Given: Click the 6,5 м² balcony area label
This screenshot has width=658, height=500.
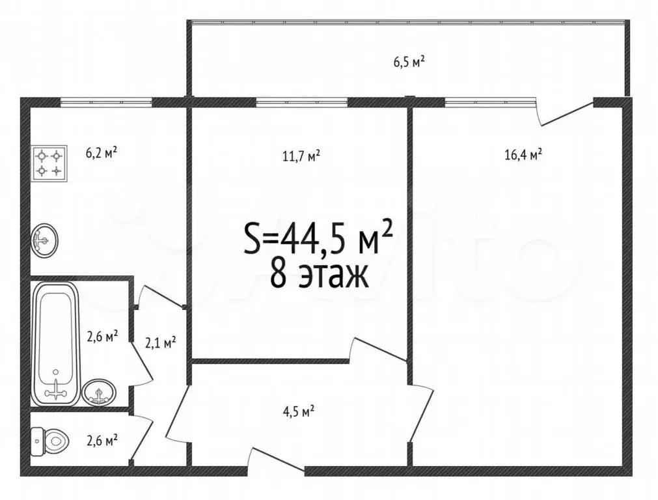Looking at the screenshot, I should tap(409, 62).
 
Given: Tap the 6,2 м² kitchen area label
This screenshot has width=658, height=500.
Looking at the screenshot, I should tap(102, 153).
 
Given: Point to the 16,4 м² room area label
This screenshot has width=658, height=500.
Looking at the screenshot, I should tap(523, 155).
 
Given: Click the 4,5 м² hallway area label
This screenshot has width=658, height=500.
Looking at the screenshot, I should tap(299, 411).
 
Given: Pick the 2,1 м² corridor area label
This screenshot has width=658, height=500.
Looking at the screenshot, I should tap(159, 342).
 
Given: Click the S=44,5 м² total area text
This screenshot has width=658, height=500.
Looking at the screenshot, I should tap(318, 238).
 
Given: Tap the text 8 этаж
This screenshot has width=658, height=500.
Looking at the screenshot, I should tap(319, 275).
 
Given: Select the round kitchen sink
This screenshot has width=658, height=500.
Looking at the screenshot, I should tap(44, 240).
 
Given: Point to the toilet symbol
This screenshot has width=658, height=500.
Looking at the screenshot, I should tap(49, 440).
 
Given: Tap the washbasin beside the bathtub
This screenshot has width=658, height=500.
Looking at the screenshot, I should tap(100, 392).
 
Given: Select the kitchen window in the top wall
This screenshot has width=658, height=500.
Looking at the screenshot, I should tap(106, 102).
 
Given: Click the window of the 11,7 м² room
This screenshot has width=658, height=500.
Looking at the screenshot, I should tap(301, 102).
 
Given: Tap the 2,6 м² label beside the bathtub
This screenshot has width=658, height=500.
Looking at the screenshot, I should tap(103, 337).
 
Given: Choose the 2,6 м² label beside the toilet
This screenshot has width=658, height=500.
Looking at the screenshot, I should tap(103, 440).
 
